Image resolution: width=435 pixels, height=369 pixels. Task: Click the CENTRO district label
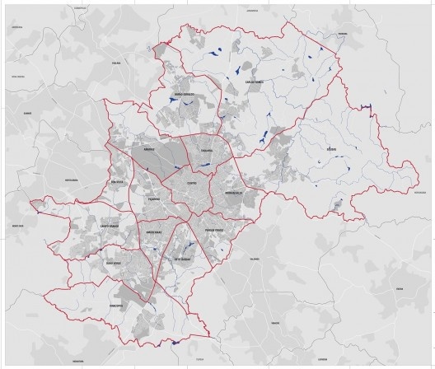pos(191,183)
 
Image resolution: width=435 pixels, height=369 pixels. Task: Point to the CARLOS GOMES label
pos(254,82)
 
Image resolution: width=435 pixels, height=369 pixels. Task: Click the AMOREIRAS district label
pos(154,231)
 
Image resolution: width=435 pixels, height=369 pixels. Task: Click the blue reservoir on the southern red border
pos(175,342)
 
